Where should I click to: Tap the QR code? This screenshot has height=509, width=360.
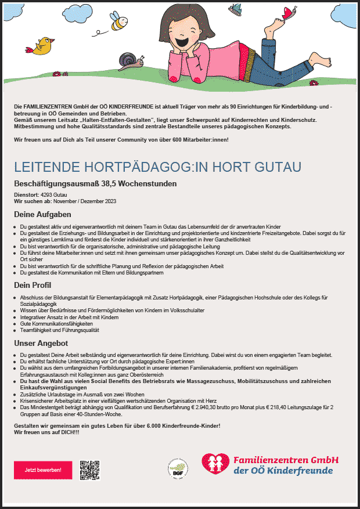coord(90,470)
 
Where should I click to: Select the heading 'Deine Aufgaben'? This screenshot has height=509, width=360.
coord(42,214)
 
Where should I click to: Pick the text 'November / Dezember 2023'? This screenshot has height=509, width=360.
coord(85,201)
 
